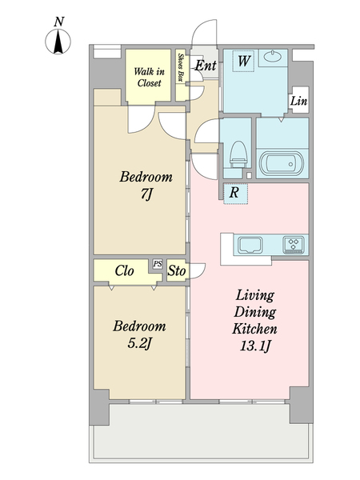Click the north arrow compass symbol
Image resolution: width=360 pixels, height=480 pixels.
pyautogui.click(x=58, y=42)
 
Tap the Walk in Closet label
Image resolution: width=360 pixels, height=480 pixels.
pyautogui.click(x=149, y=78)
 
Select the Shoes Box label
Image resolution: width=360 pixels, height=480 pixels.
pyautogui.click(x=181, y=68)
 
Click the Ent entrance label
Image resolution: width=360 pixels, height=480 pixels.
pyautogui.click(x=206, y=66)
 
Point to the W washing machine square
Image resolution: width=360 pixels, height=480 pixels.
pyautogui.click(x=243, y=61)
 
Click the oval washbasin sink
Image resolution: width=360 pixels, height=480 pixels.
pyautogui.click(x=273, y=56)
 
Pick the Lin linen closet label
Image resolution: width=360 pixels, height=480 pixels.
pyautogui.click(x=298, y=101)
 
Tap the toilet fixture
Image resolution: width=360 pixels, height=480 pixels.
pyautogui.click(x=238, y=154)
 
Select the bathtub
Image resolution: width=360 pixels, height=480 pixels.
pyautogui.click(x=282, y=163)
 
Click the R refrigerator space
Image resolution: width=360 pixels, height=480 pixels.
pyautogui.click(x=235, y=193)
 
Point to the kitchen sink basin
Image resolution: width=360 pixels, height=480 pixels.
pyautogui.click(x=250, y=246)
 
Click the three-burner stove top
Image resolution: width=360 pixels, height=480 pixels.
pyautogui.click(x=294, y=244)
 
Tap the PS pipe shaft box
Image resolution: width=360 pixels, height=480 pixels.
pyautogui.click(x=158, y=264)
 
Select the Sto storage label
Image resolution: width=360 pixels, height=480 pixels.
pyautogui.click(x=177, y=270)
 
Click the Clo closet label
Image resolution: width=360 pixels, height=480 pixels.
pyautogui.click(x=124, y=270)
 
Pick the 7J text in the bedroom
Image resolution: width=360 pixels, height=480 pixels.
pyautogui.click(x=146, y=194)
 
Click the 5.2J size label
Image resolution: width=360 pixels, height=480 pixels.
pyautogui.click(x=139, y=344)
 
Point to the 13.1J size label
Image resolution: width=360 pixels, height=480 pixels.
pyautogui.click(x=255, y=346)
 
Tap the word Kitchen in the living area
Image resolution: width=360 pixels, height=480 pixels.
pyautogui.click(x=254, y=329)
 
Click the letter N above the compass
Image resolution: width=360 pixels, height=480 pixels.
pyautogui.click(x=59, y=22)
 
